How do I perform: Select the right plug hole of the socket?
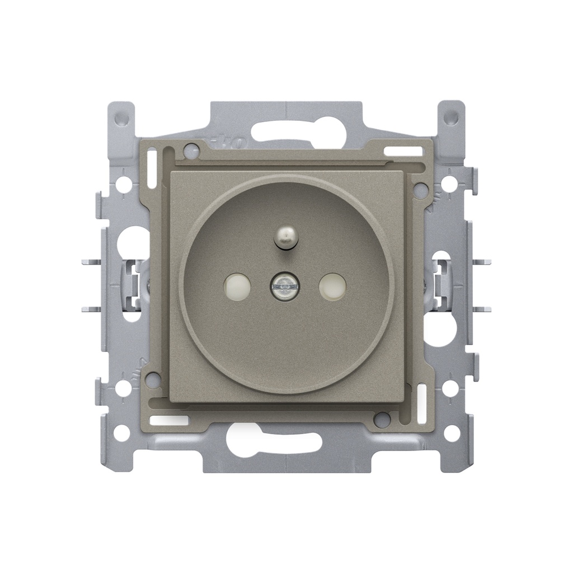point(332,285)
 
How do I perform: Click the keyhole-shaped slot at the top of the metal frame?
point(285,129)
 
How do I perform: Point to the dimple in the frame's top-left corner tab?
point(121,118)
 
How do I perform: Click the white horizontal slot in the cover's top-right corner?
point(403,152)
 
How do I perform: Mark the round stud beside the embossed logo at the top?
point(191,150)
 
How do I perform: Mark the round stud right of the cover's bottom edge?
point(382,419)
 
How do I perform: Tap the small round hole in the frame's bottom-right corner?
point(451,433)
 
